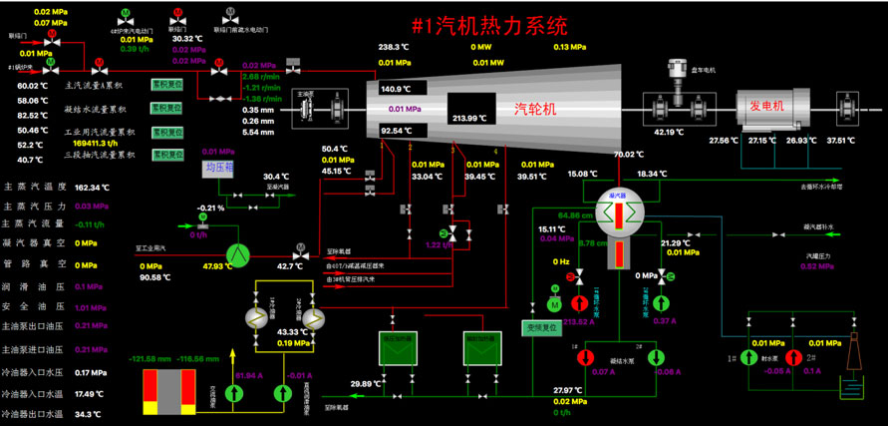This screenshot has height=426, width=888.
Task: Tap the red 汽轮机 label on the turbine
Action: pyautogui.click(x=536, y=108)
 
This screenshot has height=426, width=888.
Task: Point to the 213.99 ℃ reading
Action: pyautogui.click(x=473, y=118)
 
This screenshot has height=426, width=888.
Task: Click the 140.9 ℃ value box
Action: pyautogui.click(x=397, y=89)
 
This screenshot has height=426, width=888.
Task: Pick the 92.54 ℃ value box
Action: pyautogui.click(x=397, y=131)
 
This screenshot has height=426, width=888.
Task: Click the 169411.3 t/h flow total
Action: pyautogui.click(x=94, y=144)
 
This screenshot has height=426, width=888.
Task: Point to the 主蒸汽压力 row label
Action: pyautogui.click(x=35, y=206)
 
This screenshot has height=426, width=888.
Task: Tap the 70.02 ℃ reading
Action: pyautogui.click(x=631, y=155)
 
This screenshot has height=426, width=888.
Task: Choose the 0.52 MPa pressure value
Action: pyautogui.click(x=817, y=266)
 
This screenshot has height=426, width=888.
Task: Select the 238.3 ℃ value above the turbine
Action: pyautogui.click(x=394, y=47)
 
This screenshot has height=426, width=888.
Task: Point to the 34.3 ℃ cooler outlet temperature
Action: pyautogui.click(x=89, y=414)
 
